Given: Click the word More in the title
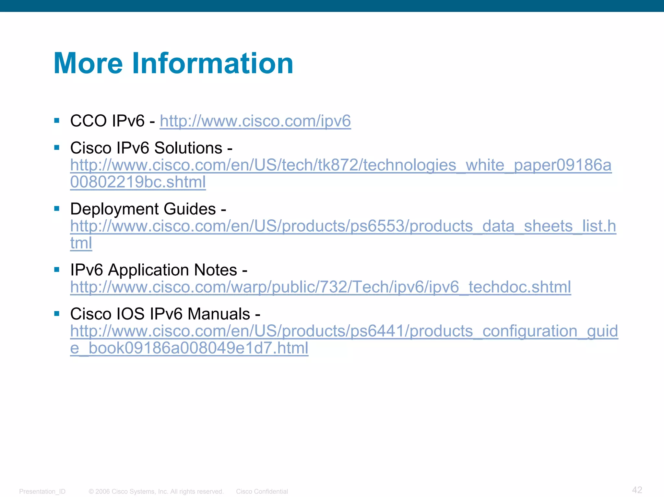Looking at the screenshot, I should tap(88, 64).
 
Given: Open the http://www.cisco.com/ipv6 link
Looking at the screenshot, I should tap(255, 121).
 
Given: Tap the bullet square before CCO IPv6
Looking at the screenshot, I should tap(57, 121).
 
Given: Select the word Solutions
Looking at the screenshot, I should tap(188, 148).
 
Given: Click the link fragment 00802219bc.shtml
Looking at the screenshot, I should tap(138, 182).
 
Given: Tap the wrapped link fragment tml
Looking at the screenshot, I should tap(81, 243).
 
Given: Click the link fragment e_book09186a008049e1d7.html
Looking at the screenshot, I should tap(189, 348).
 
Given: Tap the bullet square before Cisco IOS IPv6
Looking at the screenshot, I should tap(57, 314).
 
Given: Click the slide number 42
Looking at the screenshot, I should tap(637, 490).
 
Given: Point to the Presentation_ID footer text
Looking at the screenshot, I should tap(42, 491).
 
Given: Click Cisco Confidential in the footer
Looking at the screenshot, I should tap(262, 491).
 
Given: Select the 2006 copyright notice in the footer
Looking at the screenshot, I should tap(156, 491).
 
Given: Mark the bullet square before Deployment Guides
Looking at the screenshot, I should tap(57, 209).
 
